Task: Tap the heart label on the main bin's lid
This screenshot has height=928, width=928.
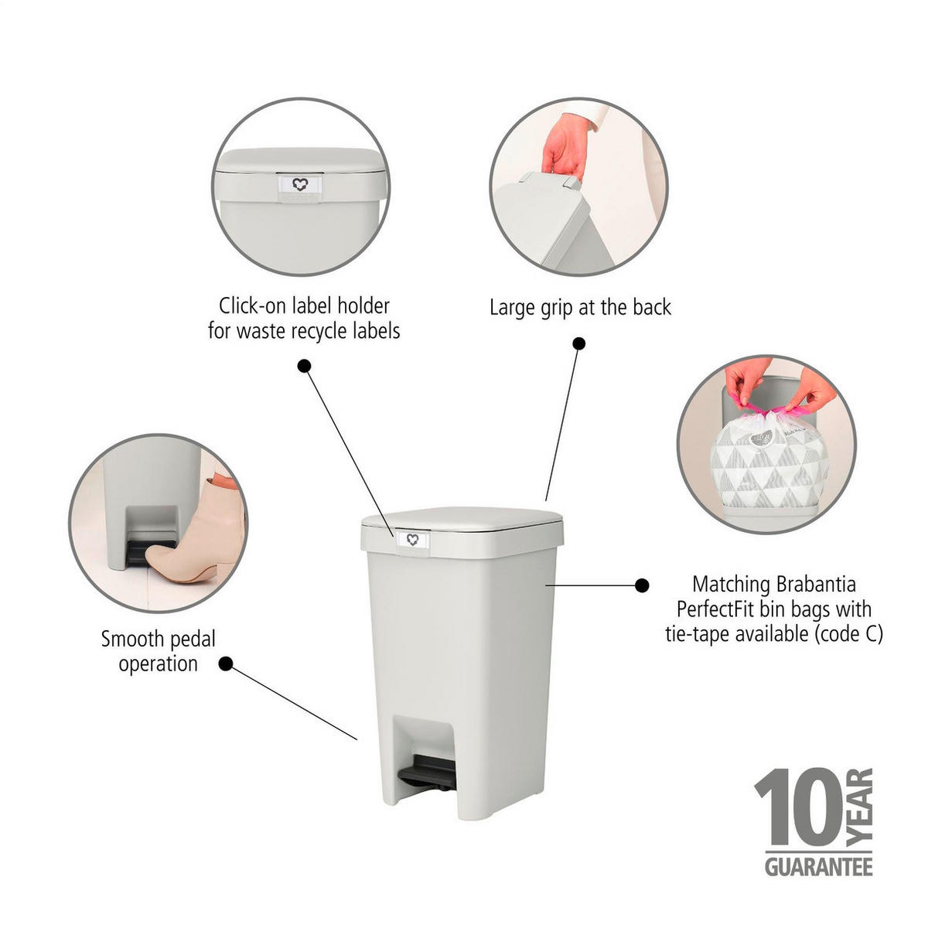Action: [x=412, y=540]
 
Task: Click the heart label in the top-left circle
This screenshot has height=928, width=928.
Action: [x=299, y=184]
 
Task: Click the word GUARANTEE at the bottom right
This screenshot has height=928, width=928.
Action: [x=818, y=865]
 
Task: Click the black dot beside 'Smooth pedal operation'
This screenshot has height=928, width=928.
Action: [x=226, y=664]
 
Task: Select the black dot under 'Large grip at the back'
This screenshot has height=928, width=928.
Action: [x=578, y=343]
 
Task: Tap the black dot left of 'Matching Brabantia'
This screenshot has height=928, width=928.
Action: [x=641, y=585]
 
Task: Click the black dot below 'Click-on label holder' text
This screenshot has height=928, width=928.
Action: [x=304, y=365]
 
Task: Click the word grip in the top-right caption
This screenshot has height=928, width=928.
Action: [x=557, y=307]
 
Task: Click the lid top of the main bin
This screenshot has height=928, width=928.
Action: [x=464, y=518]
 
